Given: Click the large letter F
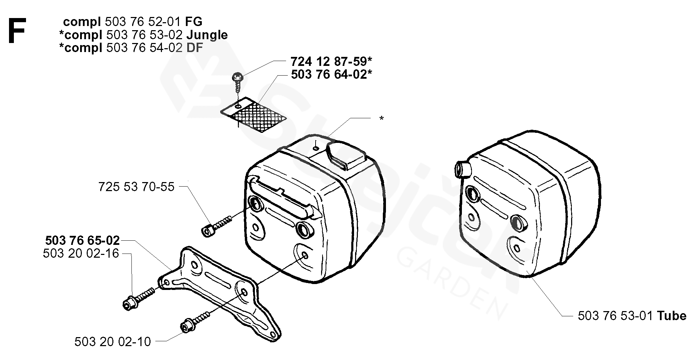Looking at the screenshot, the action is click(17, 31).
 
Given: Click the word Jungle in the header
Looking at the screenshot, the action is click(207, 35).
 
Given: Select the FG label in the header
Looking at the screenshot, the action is click(193, 22).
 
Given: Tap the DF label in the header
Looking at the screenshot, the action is click(195, 48).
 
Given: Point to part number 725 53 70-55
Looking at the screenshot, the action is click(136, 187).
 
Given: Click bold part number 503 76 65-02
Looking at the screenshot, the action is click(83, 240).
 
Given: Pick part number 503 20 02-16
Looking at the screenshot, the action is click(81, 254).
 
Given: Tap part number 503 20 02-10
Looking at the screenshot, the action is click(113, 342).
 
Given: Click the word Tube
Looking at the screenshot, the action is click(671, 316).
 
